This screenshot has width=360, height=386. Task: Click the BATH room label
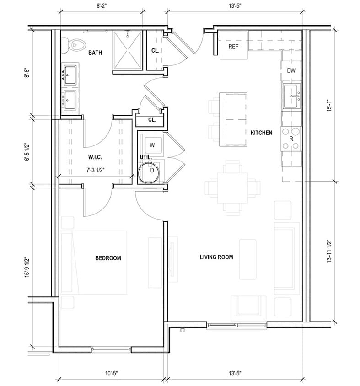pos(95,53)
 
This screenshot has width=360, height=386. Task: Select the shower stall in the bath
pos(128,51)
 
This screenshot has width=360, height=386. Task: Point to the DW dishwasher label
pos(291,70)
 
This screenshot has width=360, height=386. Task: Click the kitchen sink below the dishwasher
pos(292,96)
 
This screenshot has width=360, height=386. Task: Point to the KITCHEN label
pos(261,133)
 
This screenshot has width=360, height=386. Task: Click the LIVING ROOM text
pos(216,257)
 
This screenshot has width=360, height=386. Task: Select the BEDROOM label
pos(108,258)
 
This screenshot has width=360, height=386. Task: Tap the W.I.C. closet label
pos(95,157)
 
